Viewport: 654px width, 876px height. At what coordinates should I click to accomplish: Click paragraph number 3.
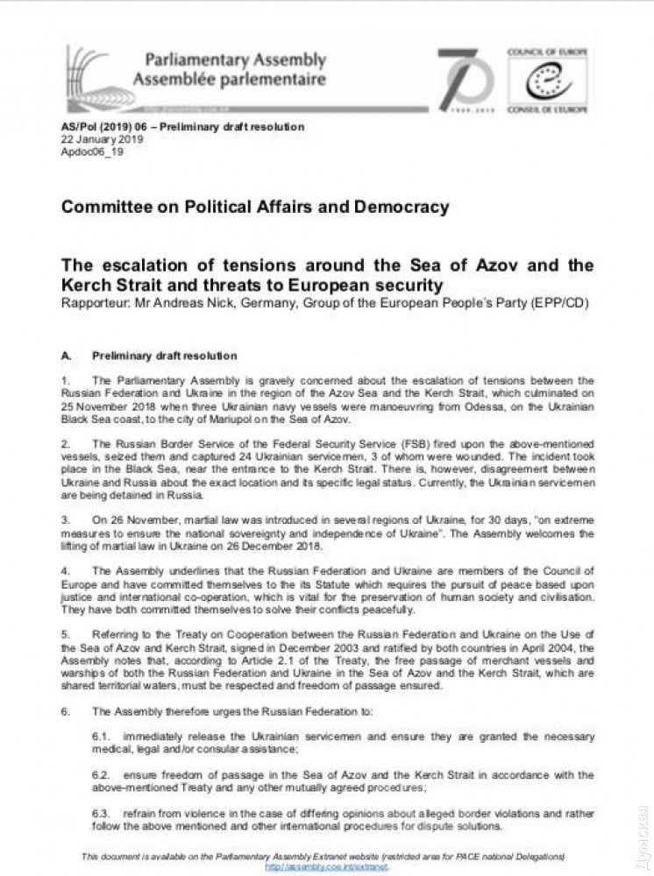pyautogui.click(x=65, y=519)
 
